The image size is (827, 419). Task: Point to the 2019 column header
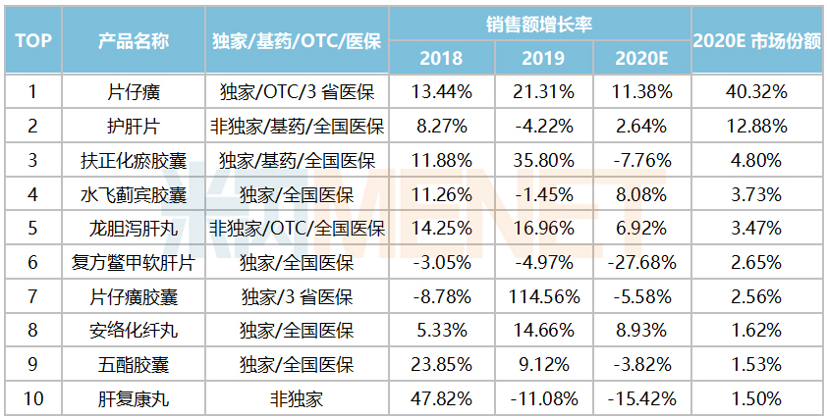pyautogui.click(x=539, y=58)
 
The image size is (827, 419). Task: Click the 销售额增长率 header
pyautogui.click(x=539, y=22)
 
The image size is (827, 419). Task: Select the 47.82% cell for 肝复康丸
pyautogui.click(x=441, y=399)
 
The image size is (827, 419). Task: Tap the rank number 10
pyautogui.click(x=32, y=399)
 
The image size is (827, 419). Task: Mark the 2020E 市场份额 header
pyautogui.click(x=756, y=40)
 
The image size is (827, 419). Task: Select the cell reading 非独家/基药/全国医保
pyautogui.click(x=297, y=127)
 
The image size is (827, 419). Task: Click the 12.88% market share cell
pyautogui.click(x=756, y=127)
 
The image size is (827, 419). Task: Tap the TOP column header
pyautogui.click(x=32, y=40)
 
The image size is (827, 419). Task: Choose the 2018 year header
pyautogui.click(x=441, y=58)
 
